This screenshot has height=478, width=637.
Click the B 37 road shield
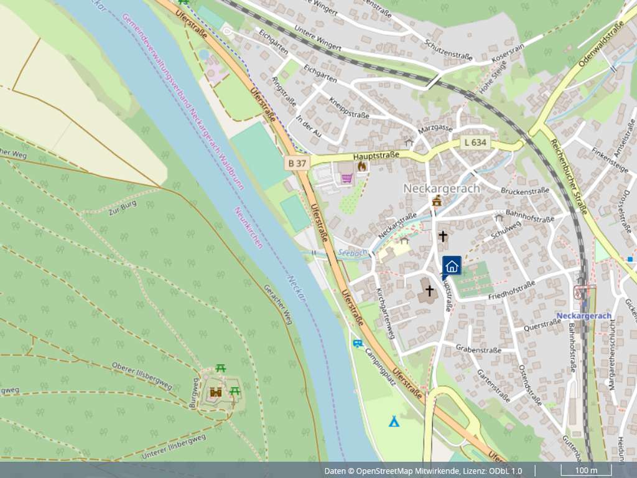coord(297,163)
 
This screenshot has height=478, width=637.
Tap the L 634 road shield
coord(475,143)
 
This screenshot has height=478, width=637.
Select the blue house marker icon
coord(452,266)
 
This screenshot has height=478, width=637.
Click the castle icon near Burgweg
coord(216,392)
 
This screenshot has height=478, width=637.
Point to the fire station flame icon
coord(361,166)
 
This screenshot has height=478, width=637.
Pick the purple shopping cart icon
coord(346,178)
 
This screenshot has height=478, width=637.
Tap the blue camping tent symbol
coord(394,422)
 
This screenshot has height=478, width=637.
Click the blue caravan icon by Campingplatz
coord(357,343)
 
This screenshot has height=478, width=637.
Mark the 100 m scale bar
coord(585,471)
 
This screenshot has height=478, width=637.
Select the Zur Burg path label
coord(122,208)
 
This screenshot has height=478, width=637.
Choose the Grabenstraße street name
coord(478,350)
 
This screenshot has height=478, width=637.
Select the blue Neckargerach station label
coord(584,316)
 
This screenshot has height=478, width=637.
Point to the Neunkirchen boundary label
coord(248,227)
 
